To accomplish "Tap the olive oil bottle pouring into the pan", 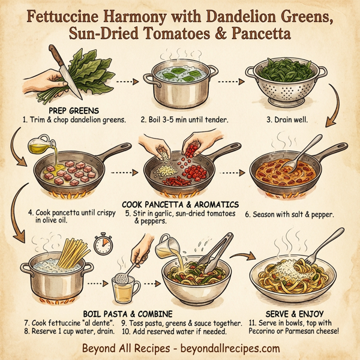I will tap(38, 146).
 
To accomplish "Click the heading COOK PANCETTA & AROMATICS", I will tap(181, 203).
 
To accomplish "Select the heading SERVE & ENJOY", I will tap(287, 313).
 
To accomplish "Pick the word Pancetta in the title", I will tap(259, 34).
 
